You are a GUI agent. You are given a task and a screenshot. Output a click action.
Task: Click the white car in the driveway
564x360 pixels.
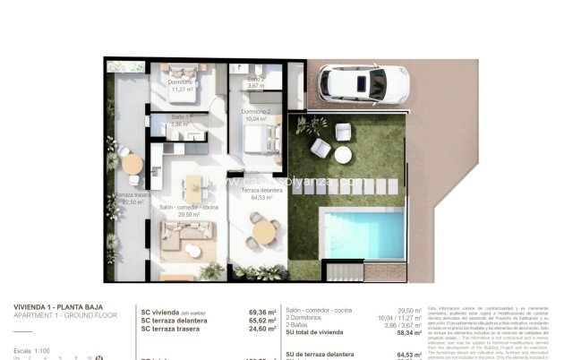[x=364, y=84]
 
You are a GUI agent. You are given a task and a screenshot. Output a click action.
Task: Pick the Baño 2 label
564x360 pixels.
[x=255, y=81]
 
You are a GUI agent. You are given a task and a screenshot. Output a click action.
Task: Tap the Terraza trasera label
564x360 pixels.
[x=131, y=197]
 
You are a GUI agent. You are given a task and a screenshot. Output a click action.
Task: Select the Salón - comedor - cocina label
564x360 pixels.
[x=188, y=210]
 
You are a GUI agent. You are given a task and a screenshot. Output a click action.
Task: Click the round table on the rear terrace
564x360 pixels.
[x=132, y=165]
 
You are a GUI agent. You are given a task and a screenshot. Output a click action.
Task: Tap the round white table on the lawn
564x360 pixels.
[x=343, y=154]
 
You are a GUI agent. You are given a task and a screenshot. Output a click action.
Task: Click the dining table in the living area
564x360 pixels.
[x=193, y=187]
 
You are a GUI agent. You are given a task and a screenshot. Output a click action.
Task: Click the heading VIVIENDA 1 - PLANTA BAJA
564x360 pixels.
[x=56, y=306]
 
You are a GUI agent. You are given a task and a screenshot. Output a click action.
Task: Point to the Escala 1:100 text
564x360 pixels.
[x=30, y=350]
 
